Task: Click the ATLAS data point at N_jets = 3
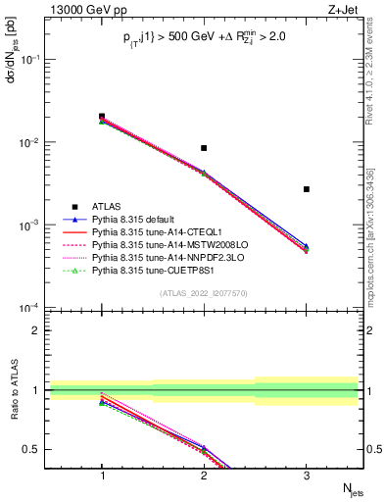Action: click(x=307, y=189)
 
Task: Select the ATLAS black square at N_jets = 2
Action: click(x=204, y=148)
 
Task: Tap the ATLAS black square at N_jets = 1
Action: click(x=102, y=117)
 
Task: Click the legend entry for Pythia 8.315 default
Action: click(x=127, y=221)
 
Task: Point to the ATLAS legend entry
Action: click(x=107, y=207)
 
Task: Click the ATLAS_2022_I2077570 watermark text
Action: click(x=204, y=293)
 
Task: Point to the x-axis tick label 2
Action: click(x=204, y=474)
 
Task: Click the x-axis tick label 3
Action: click(x=307, y=474)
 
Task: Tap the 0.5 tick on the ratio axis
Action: click(x=36, y=450)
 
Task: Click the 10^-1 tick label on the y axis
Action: click(x=31, y=60)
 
